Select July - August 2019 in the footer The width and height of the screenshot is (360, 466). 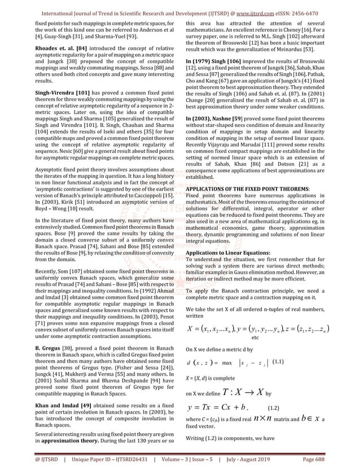pos(261,460)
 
